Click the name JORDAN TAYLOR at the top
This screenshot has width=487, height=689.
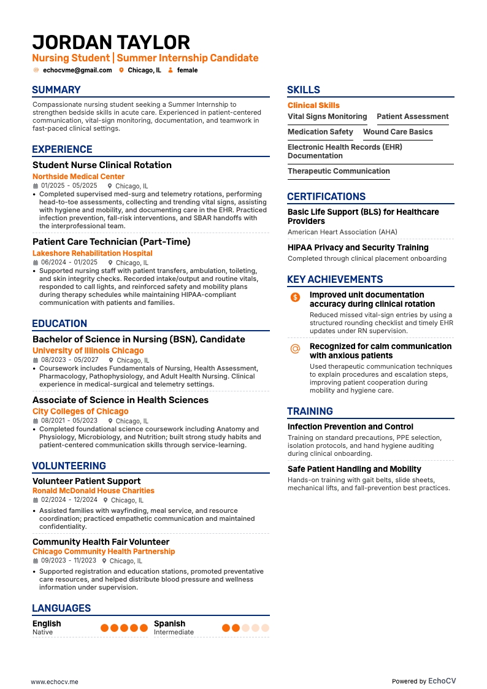111,42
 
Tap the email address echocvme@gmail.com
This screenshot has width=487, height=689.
77,71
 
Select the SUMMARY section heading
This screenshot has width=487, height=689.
56,90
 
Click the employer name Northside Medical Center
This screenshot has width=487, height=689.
79,177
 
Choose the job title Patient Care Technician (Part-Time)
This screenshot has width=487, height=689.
111,242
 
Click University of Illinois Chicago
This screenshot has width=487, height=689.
88,351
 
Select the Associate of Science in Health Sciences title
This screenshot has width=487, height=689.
120,400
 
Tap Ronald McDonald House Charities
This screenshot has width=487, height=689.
93,491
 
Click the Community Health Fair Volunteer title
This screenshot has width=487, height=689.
101,542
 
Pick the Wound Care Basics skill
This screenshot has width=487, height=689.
397,132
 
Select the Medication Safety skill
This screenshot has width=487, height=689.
320,132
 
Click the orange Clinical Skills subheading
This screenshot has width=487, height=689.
313,106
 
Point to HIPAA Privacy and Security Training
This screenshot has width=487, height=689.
358,248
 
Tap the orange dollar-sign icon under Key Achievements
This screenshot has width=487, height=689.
295,298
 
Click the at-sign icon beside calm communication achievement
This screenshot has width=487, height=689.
295,349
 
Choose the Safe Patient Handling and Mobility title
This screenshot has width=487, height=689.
355,469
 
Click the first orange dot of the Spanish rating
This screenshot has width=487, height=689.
226,628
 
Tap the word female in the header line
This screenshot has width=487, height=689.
187,71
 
